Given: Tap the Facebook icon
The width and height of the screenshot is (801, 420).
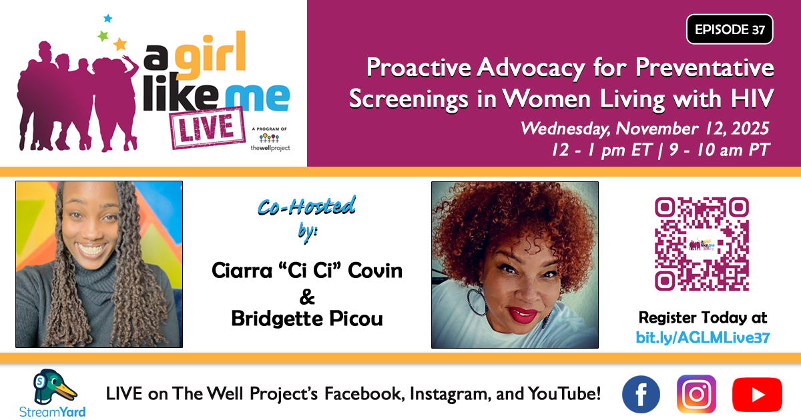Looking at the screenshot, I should (641, 394).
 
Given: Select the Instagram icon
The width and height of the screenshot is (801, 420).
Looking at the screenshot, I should (696, 394).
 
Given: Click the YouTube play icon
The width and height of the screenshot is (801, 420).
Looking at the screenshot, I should (756, 395).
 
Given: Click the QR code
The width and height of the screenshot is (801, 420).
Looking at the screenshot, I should (702, 244).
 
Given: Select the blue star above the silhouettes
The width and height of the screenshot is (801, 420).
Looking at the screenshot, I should (107, 19).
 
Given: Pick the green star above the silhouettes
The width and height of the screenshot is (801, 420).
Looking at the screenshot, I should (103, 36).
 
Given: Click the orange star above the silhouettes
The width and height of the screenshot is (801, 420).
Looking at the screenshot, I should (119, 45).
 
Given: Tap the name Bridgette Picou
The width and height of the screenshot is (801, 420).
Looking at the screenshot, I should (307, 319).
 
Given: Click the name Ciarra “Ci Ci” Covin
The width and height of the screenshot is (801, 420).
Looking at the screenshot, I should (307, 271).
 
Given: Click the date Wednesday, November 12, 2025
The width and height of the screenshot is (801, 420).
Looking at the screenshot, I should (645, 128).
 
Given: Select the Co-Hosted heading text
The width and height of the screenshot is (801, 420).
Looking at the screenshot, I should (306, 207).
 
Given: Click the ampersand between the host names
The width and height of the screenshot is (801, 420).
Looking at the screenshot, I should (308, 295).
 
